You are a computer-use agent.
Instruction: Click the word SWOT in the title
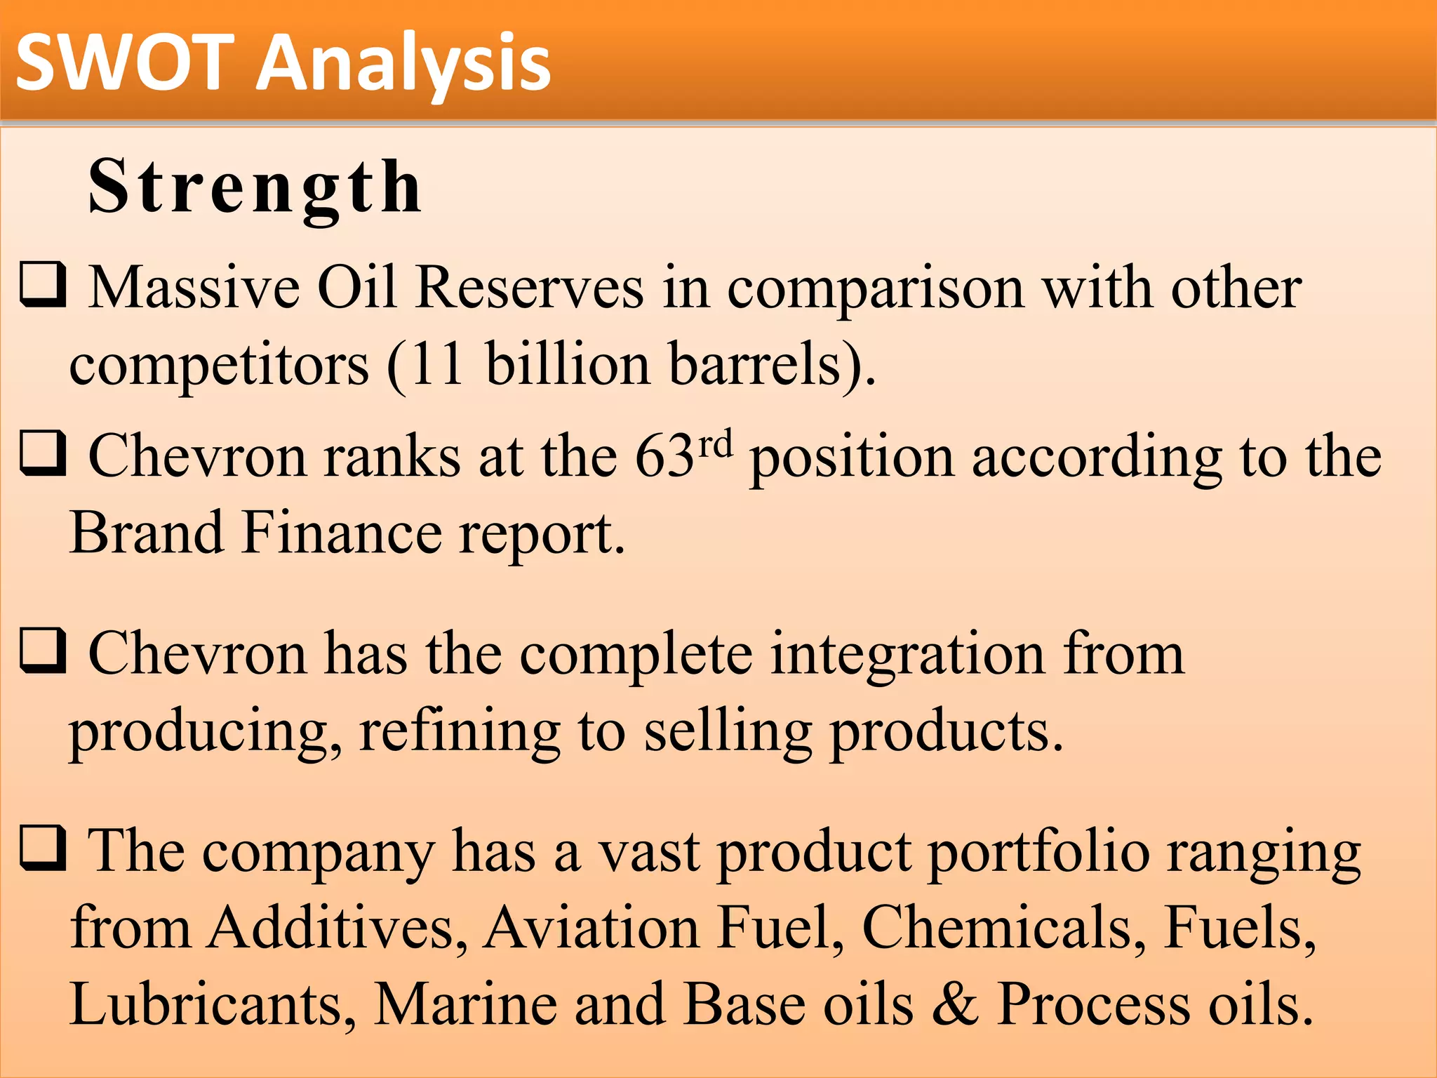click(x=125, y=63)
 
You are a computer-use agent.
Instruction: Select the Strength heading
click(x=255, y=187)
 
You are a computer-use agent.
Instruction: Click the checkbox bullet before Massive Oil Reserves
click(x=44, y=284)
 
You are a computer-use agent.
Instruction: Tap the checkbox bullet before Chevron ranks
click(x=44, y=453)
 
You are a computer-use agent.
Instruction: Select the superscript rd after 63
click(x=716, y=444)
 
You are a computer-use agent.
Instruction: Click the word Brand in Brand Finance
click(x=146, y=533)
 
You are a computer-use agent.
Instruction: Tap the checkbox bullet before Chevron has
click(x=44, y=650)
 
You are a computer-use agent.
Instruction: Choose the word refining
click(x=459, y=731)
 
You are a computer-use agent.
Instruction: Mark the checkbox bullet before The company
click(x=44, y=847)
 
